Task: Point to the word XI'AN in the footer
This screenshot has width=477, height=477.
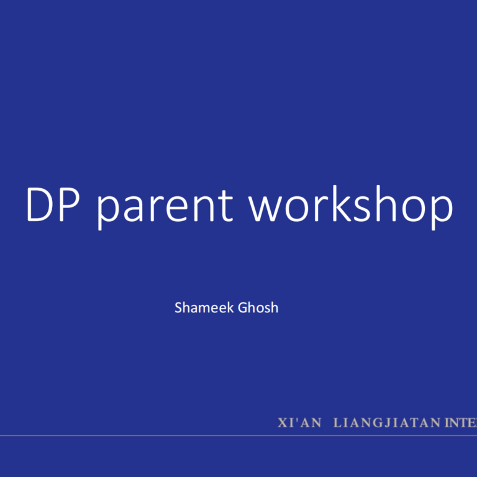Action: pos(299,423)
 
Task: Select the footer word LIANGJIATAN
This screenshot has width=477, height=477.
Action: pos(386,423)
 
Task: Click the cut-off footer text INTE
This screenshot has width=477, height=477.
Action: pos(460,423)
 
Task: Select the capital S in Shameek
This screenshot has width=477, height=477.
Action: pos(179,307)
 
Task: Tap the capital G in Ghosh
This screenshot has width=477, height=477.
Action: pos(242,307)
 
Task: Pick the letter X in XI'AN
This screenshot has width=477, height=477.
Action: pos(283,423)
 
